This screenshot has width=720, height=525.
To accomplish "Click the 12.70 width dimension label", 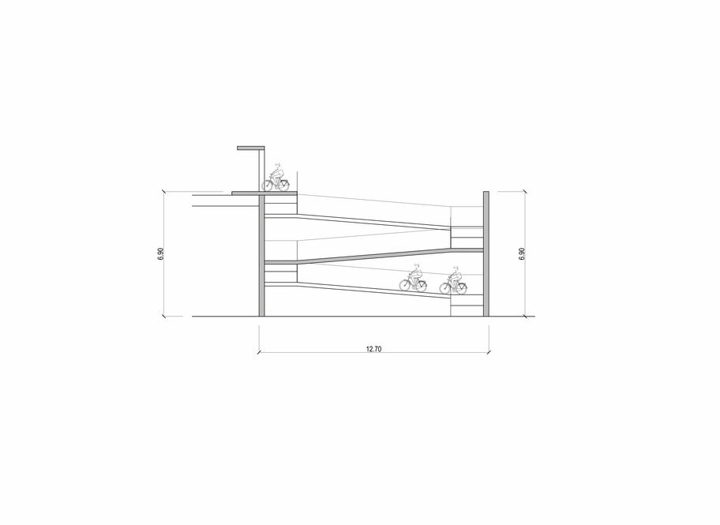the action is pyautogui.click(x=373, y=349).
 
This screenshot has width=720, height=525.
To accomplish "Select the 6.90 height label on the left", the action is pyautogui.click(x=160, y=254).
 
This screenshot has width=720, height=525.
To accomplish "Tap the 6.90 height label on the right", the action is pyautogui.click(x=521, y=254).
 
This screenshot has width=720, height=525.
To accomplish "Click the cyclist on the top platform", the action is pyautogui.click(x=276, y=177).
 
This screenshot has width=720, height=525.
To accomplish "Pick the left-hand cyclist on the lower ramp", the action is pyautogui.click(x=413, y=278).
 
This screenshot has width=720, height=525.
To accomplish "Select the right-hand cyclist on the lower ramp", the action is pyautogui.click(x=453, y=280).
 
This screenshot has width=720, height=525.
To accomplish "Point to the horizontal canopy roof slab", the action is pyautogui.click(x=251, y=148).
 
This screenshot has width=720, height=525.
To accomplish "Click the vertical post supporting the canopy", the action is pyautogui.click(x=262, y=171).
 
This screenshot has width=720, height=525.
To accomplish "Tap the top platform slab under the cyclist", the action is pyautogui.click(x=264, y=193).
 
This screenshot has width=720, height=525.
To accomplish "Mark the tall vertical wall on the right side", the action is pyautogui.click(x=486, y=254).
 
